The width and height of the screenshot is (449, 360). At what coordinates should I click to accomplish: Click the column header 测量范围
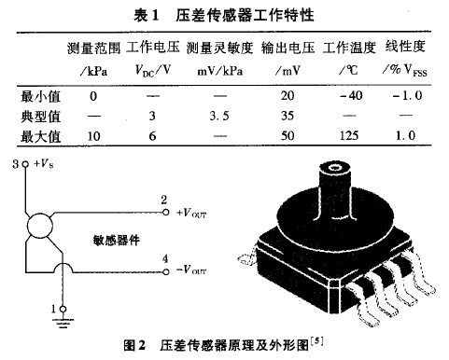point(94,47)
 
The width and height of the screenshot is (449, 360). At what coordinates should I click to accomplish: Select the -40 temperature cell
point(347,95)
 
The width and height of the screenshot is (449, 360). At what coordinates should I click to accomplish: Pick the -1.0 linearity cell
point(404,95)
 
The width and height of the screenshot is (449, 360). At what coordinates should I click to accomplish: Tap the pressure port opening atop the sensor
point(331,168)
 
